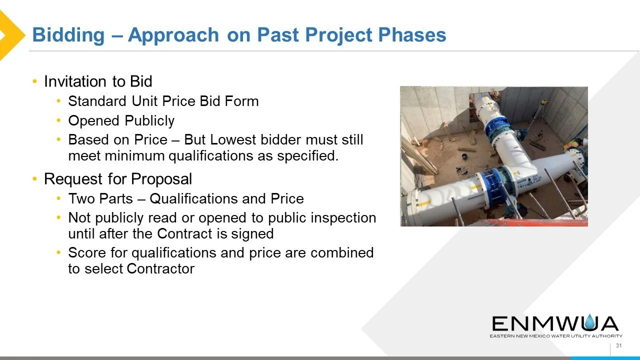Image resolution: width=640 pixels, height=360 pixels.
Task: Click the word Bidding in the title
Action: (68, 35)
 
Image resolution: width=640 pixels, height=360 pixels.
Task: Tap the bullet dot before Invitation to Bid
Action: (35, 81)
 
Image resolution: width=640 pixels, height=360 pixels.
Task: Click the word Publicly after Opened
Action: (149, 121)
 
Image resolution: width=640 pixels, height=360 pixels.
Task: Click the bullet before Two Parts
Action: (58, 198)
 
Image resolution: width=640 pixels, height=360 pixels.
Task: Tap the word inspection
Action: (343, 218)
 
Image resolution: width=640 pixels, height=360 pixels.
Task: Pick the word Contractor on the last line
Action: (160, 268)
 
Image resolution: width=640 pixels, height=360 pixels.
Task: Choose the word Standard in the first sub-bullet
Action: (97, 101)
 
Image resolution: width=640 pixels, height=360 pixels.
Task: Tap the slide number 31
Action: (619, 345)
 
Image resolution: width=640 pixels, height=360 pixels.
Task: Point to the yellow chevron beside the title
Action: (11, 35)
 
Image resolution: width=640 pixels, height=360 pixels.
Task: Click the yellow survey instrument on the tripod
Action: (543, 101)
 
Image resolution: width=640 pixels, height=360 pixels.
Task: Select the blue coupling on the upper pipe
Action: (497, 128)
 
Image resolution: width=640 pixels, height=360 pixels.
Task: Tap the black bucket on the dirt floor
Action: (464, 156)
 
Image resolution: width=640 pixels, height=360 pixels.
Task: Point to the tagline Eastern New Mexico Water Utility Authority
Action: (556, 336)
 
